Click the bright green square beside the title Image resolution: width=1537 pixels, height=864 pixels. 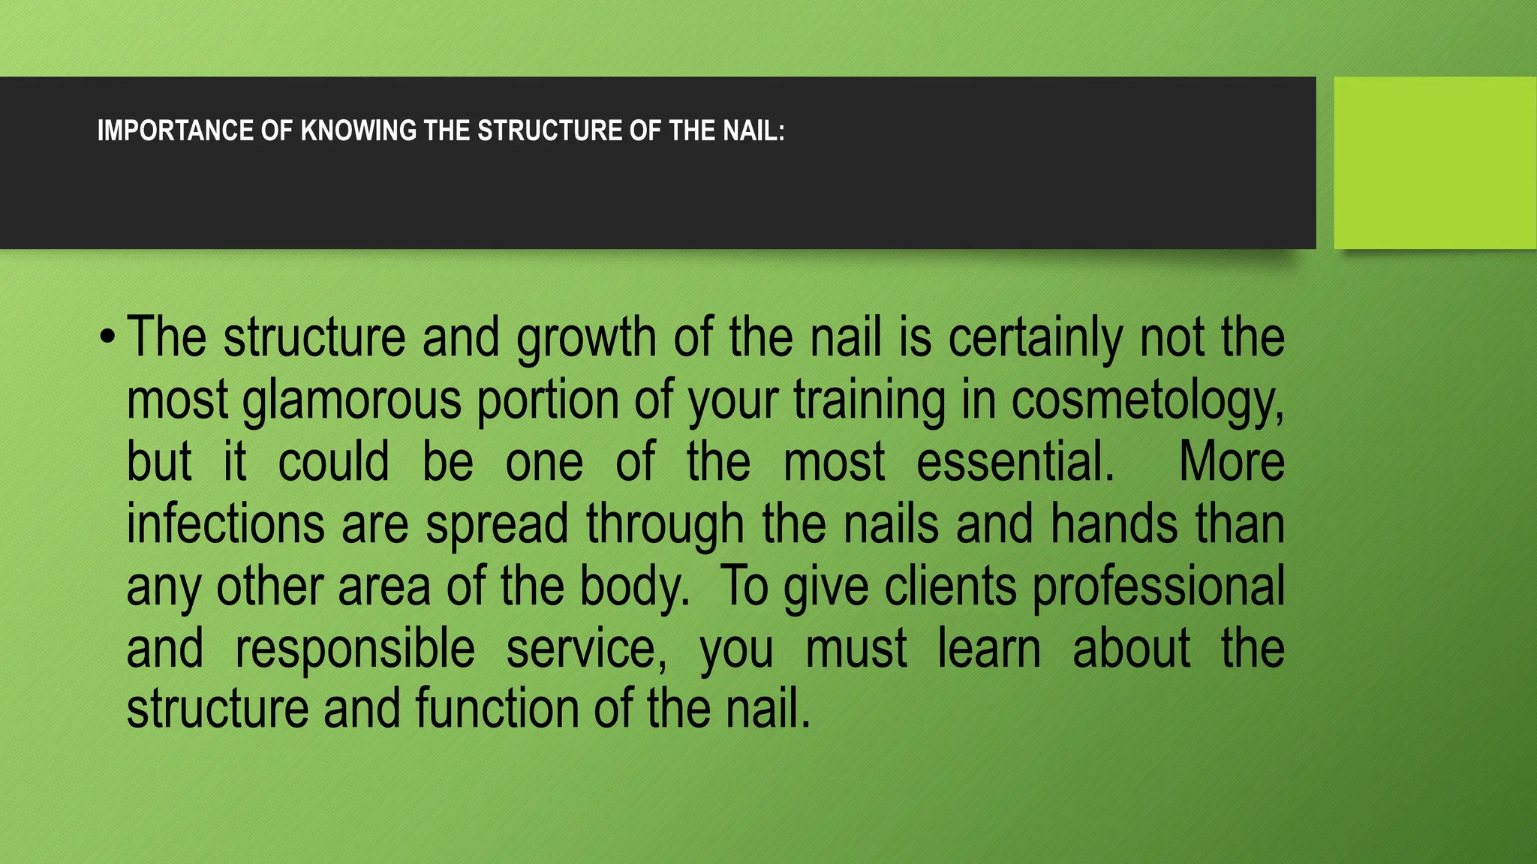click(1434, 163)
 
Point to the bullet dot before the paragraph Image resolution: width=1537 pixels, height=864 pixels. click(107, 337)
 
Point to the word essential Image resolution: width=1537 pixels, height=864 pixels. click(1015, 462)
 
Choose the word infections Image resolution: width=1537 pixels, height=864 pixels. click(225, 524)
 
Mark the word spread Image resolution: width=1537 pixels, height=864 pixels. click(497, 524)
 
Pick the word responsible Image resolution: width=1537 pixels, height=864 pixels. click(355, 649)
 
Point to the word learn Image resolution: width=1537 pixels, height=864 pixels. click(989, 649)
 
